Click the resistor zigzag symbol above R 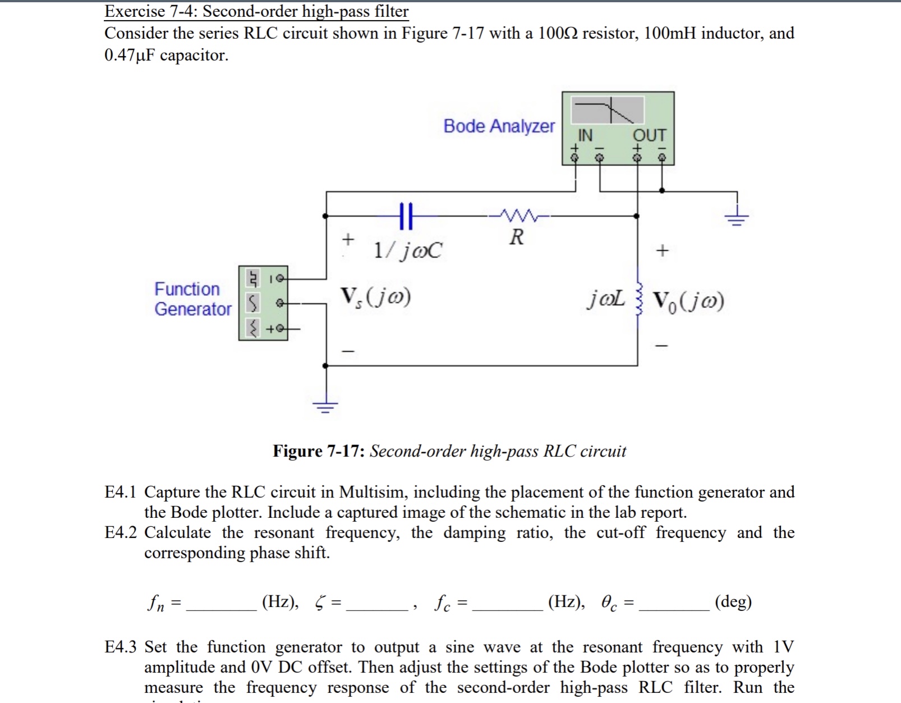pos(518,215)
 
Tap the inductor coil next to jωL pos(637,298)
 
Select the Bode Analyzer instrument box pos(618,128)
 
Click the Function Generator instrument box pos(263,304)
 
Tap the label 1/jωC pos(408,250)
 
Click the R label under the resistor pos(517,237)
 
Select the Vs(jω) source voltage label pos(375,297)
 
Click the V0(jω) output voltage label pos(688,302)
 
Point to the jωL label pos(605,299)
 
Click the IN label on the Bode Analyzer pos(585,135)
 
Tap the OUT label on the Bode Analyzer pos(649,135)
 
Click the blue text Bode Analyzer pos(499,126)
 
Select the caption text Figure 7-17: pos(319,451)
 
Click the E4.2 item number pos(120,532)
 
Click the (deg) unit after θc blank pos(733,602)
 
